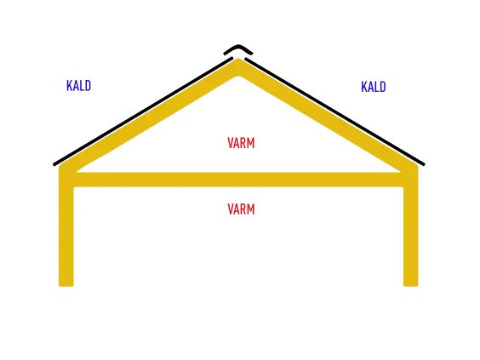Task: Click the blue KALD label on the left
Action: (x=78, y=86)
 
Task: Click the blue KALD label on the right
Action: (x=374, y=87)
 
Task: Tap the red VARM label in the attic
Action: (x=241, y=143)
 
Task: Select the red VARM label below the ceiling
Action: (x=241, y=209)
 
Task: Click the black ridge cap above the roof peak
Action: (x=238, y=49)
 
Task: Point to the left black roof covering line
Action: (x=143, y=111)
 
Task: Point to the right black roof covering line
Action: (x=335, y=111)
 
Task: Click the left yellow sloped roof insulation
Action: (x=148, y=117)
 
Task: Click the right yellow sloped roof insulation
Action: (x=329, y=117)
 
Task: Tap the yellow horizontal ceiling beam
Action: (x=238, y=180)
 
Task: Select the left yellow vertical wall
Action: (x=66, y=226)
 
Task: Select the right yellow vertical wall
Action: (x=411, y=226)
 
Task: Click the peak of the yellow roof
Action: (x=238, y=59)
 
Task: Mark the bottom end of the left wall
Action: (x=66, y=286)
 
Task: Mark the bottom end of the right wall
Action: (x=411, y=286)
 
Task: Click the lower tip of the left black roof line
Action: (x=54, y=165)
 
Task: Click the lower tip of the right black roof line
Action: (x=424, y=165)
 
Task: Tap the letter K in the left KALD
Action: (x=69, y=86)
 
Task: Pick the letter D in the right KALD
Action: (x=383, y=87)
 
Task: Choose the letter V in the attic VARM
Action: (x=231, y=143)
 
